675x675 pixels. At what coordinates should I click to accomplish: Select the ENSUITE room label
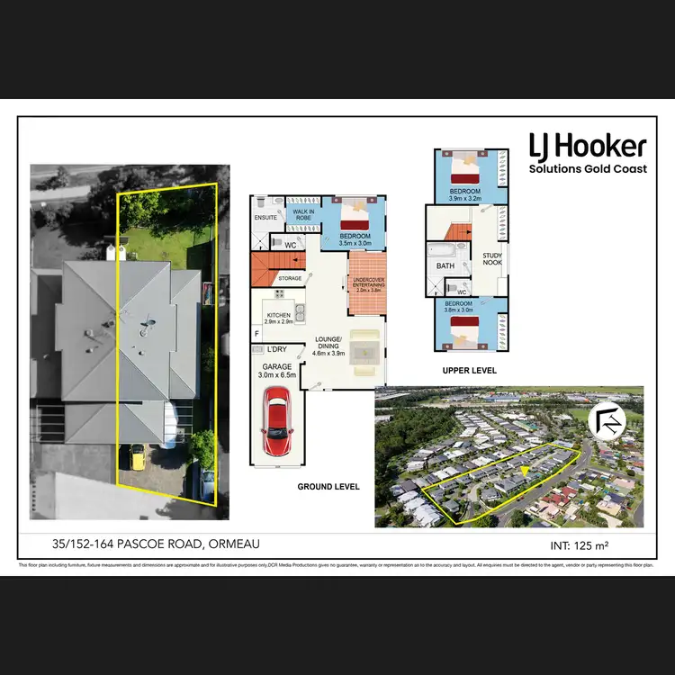[x=265, y=218]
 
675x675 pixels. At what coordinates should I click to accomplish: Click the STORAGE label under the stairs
[x=290, y=279]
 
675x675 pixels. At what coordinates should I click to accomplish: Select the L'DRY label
[x=275, y=348]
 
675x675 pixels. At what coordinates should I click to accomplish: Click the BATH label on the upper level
[x=445, y=266]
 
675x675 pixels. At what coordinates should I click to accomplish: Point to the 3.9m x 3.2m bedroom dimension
[x=465, y=199]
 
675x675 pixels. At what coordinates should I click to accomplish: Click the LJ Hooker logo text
[x=587, y=147]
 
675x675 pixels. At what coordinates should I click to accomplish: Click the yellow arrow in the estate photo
[x=523, y=469]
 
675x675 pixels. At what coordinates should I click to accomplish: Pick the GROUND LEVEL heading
[x=328, y=487]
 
